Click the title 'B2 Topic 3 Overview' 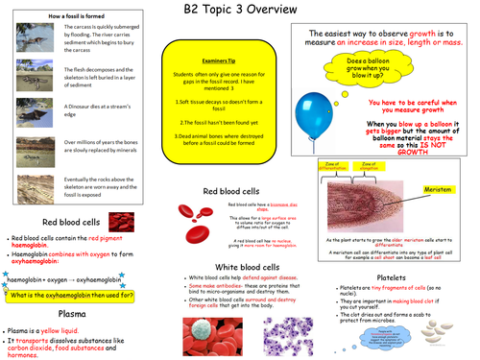(240, 11)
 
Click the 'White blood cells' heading (251, 267)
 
